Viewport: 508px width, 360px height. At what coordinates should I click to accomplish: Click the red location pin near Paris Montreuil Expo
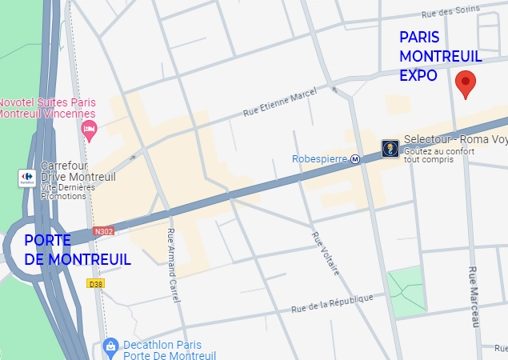click(x=466, y=82)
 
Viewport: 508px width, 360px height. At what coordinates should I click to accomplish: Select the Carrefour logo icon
click(x=26, y=177)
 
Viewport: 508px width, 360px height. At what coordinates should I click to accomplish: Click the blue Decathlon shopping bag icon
click(x=111, y=346)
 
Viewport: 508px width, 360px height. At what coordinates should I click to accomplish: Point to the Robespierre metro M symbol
click(x=355, y=158)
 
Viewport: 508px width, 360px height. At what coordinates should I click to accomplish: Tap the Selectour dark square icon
click(x=390, y=149)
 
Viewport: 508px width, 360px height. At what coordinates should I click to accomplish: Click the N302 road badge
click(x=103, y=231)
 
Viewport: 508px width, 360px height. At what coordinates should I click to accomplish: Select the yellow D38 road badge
click(x=96, y=283)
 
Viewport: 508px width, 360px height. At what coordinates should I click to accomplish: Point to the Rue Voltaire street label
click(x=325, y=254)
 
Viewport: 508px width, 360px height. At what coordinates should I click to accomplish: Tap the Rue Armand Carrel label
click(x=173, y=264)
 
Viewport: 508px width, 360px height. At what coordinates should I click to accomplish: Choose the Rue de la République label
click(x=332, y=303)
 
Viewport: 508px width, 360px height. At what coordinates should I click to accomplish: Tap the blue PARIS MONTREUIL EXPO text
click(x=440, y=57)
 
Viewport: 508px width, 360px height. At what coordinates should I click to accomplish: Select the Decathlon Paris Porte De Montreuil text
click(x=170, y=350)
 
